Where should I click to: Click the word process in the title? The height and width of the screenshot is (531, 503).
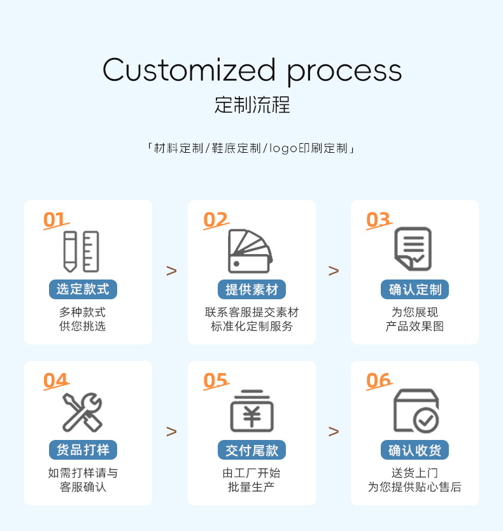pyautogui.click(x=344, y=72)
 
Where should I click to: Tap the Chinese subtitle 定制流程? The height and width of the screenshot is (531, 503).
pyautogui.click(x=252, y=104)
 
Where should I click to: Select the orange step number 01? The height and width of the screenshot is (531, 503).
pyautogui.click(x=55, y=220)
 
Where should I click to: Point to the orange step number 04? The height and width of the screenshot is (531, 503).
pyautogui.click(x=55, y=381)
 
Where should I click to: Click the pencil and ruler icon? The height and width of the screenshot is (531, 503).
pyautogui.click(x=81, y=251)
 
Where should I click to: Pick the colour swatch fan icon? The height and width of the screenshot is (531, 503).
pyautogui.click(x=250, y=251)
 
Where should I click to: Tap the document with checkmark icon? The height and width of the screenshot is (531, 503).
pyautogui.click(x=413, y=249)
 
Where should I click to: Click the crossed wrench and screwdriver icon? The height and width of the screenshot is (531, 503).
pyautogui.click(x=82, y=412)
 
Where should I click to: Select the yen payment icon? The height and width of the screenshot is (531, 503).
pyautogui.click(x=251, y=413)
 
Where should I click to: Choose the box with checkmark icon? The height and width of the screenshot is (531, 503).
pyautogui.click(x=415, y=411)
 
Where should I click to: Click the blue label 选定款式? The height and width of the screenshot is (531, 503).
pyautogui.click(x=83, y=289)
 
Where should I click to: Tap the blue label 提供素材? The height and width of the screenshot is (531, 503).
pyautogui.click(x=251, y=290)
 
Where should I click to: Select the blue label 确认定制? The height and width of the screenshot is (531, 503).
pyautogui.click(x=415, y=290)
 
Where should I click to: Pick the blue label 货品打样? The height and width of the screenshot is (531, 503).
pyautogui.click(x=83, y=450)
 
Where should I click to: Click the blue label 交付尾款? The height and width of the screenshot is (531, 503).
pyautogui.click(x=251, y=450)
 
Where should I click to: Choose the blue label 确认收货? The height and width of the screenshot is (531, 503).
pyautogui.click(x=415, y=450)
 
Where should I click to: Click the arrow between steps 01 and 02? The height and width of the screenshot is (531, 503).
pyautogui.click(x=171, y=271)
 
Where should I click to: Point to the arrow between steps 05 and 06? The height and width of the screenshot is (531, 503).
pyautogui.click(x=334, y=432)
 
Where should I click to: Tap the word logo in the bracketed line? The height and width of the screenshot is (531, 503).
pyautogui.click(x=283, y=149)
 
